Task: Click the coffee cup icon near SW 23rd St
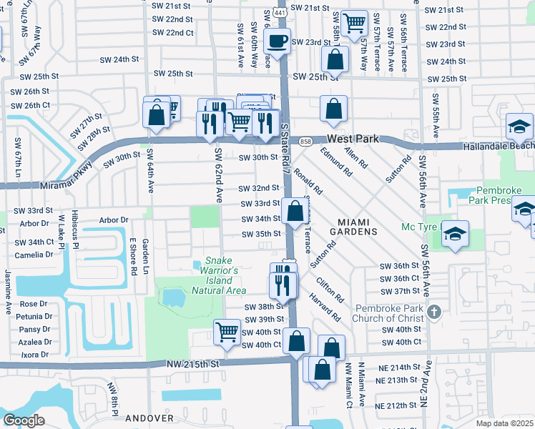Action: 278,41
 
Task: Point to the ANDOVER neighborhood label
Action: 149,418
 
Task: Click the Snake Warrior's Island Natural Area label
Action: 219,275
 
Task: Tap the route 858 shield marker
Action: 305,141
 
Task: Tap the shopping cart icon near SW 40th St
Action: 226,330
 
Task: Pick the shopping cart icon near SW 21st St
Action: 353,22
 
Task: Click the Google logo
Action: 24,420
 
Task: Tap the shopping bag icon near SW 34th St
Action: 294,211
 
